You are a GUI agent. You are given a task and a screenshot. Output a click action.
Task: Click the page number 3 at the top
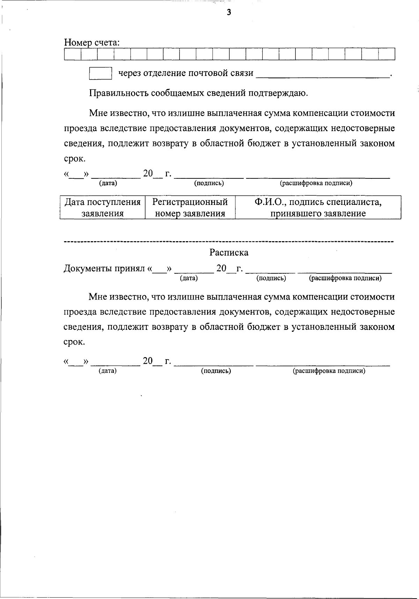tap(229, 13)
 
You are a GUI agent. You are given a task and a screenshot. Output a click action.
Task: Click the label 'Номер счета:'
tap(92, 43)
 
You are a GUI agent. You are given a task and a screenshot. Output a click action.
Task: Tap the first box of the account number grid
tap(73, 54)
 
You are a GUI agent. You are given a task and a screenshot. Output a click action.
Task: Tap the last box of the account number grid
tap(387, 54)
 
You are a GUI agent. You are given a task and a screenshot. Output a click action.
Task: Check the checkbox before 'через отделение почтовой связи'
tap(101, 73)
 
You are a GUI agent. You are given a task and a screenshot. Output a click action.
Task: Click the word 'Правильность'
tap(118, 93)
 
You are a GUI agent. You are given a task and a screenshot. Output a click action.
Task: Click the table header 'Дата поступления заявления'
tap(103, 207)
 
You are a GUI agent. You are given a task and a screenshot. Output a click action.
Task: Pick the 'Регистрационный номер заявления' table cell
tap(190, 207)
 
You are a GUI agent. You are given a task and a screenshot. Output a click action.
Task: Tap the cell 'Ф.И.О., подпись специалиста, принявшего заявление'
tap(318, 207)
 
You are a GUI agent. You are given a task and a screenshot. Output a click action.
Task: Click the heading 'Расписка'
tap(229, 252)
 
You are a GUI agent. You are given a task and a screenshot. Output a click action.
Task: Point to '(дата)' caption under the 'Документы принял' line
tap(189, 278)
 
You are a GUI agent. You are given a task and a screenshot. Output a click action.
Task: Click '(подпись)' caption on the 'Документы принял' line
tap(271, 278)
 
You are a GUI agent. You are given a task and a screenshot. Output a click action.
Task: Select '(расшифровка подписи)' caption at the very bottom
tap(329, 371)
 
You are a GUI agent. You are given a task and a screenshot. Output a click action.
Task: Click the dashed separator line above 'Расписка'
tap(229, 241)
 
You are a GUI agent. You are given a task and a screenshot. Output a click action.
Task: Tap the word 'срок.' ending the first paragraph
tap(74, 159)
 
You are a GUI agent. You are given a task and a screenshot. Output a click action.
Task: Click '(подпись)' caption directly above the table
tap(209, 183)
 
